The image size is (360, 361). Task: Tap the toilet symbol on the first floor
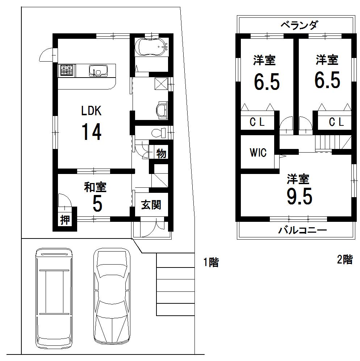click(x=158, y=132)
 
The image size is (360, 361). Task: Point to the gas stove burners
click(x=67, y=70)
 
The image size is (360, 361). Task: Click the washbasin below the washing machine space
click(x=160, y=109)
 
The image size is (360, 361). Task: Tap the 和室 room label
click(x=95, y=187)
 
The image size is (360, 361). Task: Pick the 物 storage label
click(x=161, y=153)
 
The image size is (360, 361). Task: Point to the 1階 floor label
click(x=211, y=262)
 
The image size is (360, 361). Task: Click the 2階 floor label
click(x=344, y=260)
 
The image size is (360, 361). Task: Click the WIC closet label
click(x=258, y=153)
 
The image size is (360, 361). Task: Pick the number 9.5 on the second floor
click(x=299, y=196)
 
